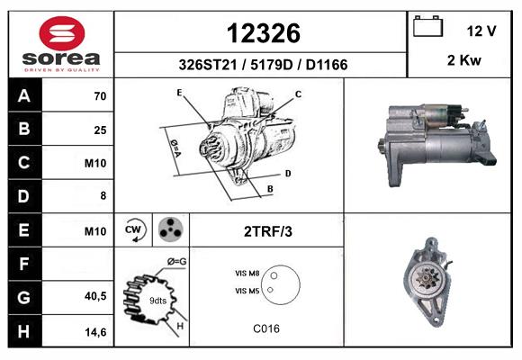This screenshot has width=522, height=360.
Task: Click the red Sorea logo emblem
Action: (62, 33)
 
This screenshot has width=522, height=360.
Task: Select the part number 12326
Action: (264, 33)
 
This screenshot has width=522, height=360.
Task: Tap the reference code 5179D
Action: (271, 65)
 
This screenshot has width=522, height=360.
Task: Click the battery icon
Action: (427, 26)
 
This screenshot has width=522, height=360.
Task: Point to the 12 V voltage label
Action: (481, 31)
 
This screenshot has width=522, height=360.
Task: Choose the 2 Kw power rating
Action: (464, 60)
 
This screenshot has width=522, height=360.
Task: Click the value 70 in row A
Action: (100, 96)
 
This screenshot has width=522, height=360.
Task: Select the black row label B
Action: (24, 129)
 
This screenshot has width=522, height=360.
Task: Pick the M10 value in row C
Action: (95, 163)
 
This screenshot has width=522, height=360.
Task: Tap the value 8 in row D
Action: (103, 195)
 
